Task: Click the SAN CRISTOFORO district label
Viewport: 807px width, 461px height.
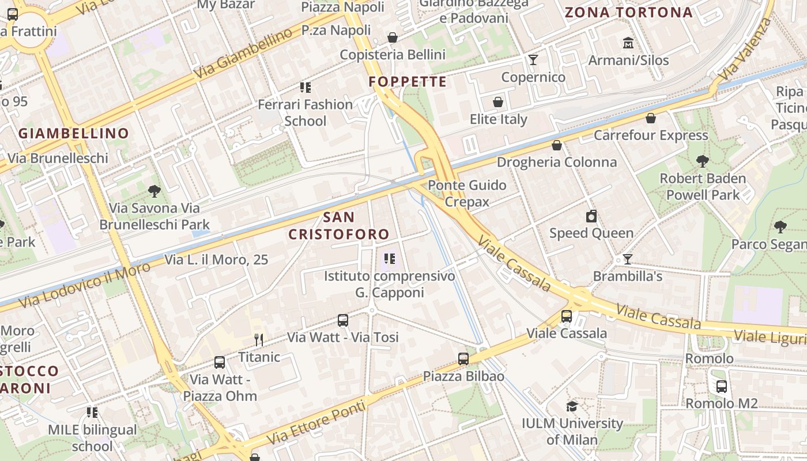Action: (x=339, y=226)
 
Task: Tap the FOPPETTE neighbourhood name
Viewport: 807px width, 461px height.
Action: (x=408, y=82)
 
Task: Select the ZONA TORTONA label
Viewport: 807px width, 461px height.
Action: (x=628, y=12)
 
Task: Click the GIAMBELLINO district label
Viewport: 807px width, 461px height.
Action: (x=74, y=134)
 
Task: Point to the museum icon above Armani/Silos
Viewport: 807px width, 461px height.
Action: (x=628, y=43)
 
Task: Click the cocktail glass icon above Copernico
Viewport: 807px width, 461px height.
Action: (x=533, y=60)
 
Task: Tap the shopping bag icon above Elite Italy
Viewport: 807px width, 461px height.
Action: (x=498, y=102)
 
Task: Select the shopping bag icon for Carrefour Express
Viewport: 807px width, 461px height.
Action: (x=651, y=118)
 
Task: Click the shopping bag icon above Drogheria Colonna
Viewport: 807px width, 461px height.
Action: (x=557, y=145)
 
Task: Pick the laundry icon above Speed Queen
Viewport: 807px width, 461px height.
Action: (x=591, y=216)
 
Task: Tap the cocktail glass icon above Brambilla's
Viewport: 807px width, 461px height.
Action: (x=627, y=259)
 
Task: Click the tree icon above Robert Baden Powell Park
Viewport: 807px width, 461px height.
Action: (x=702, y=161)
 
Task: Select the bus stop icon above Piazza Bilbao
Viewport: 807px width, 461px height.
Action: (x=463, y=359)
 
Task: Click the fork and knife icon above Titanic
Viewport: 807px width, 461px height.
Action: (x=259, y=340)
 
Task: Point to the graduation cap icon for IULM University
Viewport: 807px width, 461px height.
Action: (x=572, y=406)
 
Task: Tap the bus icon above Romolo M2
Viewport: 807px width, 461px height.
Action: (x=721, y=387)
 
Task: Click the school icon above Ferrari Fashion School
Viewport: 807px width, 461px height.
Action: (x=305, y=88)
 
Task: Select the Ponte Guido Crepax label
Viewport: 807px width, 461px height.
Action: (x=467, y=193)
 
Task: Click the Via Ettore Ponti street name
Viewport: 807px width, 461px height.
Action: (x=316, y=424)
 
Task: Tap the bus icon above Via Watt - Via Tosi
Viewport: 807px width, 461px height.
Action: (x=343, y=320)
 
